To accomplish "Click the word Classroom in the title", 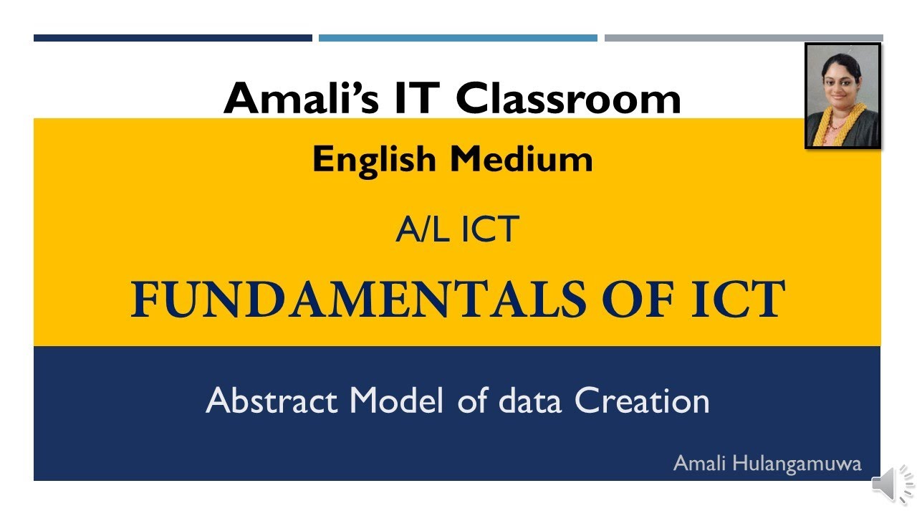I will [x=568, y=98].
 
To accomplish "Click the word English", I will [x=375, y=160].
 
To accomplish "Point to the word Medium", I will [x=521, y=160].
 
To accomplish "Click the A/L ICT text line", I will [x=457, y=230].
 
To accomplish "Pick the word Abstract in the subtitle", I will [x=272, y=401].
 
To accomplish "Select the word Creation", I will [x=642, y=401].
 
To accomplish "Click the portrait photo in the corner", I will [x=842, y=95].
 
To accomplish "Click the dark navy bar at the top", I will [x=173, y=38].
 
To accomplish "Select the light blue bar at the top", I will [x=458, y=38].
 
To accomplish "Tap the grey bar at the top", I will [x=744, y=38].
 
